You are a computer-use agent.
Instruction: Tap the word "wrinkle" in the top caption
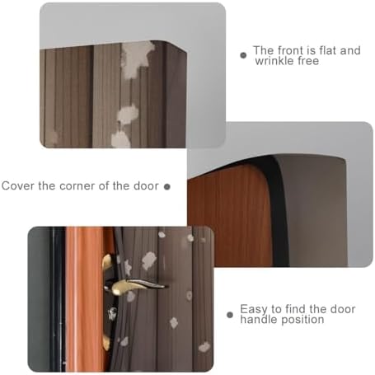(x=274, y=61)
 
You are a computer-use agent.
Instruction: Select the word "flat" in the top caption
(x=327, y=50)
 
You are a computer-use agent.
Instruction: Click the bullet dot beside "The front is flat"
(x=243, y=55)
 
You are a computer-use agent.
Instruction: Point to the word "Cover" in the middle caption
(x=18, y=186)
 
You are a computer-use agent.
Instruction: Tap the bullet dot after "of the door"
(x=167, y=187)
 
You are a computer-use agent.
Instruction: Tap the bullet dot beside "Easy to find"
(x=230, y=315)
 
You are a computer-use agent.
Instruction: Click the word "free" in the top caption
(x=308, y=61)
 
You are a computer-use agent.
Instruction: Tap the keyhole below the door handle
(x=112, y=314)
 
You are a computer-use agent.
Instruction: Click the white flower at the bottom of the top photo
(x=120, y=139)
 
